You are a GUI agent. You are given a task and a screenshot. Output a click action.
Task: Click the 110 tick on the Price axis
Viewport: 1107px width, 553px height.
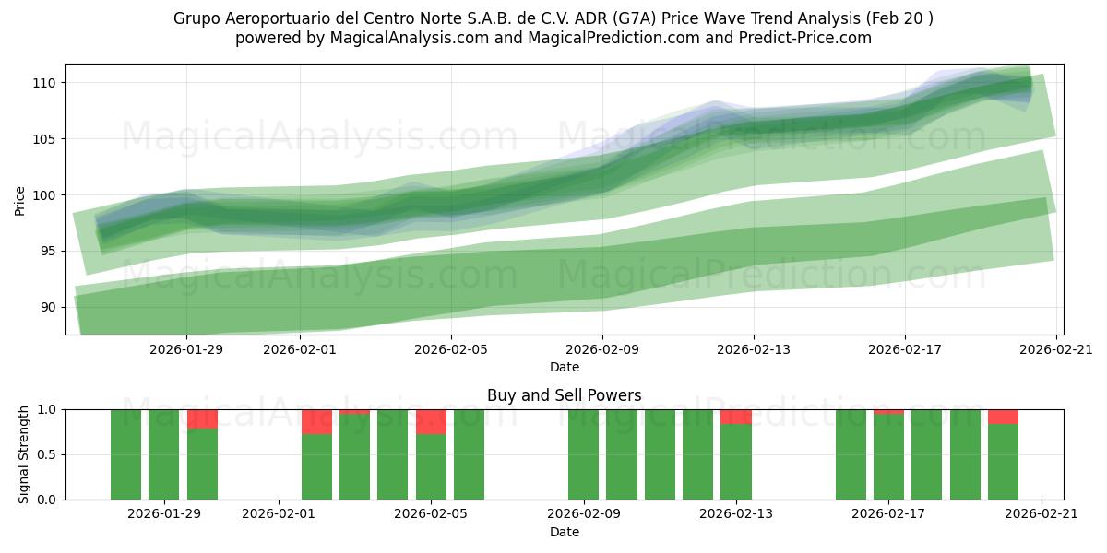click(x=44, y=83)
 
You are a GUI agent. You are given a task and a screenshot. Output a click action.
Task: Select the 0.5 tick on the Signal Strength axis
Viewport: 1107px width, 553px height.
click(x=48, y=454)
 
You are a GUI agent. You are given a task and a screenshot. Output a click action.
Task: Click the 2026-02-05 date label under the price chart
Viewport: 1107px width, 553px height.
click(x=451, y=349)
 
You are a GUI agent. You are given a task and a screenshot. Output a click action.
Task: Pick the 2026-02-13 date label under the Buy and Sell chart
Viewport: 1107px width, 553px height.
click(x=736, y=513)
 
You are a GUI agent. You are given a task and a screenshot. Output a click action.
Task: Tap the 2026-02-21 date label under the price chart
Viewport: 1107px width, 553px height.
click(x=1056, y=349)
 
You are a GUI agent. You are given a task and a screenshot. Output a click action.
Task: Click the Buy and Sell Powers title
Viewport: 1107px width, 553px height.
click(x=564, y=395)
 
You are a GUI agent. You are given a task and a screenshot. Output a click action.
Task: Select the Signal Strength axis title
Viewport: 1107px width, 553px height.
click(x=23, y=454)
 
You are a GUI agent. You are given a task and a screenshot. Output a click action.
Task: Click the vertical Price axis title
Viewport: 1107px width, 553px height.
click(x=19, y=201)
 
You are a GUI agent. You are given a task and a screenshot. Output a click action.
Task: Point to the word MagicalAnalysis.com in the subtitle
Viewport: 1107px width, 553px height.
click(x=410, y=38)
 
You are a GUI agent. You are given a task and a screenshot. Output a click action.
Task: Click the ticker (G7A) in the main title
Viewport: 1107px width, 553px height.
click(x=634, y=18)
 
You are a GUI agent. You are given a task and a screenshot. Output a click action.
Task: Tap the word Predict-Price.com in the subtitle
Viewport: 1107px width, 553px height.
click(x=805, y=38)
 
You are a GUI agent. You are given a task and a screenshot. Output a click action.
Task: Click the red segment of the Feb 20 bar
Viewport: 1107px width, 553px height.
click(x=1004, y=417)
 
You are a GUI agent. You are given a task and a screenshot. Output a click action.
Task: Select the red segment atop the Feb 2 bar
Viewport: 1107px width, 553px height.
click(x=316, y=422)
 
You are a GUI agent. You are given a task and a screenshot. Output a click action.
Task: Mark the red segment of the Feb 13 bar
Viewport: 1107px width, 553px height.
click(x=736, y=417)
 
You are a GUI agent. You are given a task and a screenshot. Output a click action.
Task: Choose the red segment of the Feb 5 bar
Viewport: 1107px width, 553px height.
click(x=431, y=422)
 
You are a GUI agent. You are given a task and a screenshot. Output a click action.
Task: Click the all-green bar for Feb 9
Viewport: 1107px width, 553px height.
click(x=583, y=454)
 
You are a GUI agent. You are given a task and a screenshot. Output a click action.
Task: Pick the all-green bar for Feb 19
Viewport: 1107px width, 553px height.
click(x=965, y=454)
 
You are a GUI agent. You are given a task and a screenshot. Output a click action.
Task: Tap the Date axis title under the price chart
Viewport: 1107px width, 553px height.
click(x=565, y=367)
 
